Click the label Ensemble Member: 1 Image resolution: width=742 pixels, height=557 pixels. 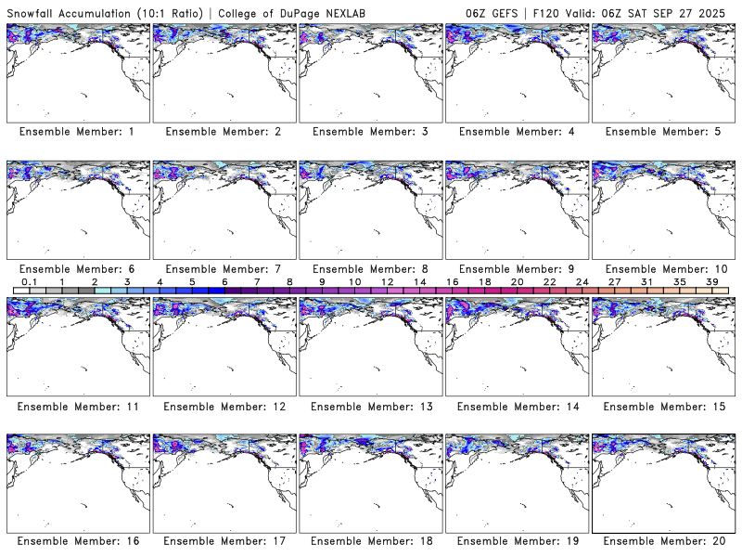(x=77, y=132)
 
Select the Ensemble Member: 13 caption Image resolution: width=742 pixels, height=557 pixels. (x=370, y=407)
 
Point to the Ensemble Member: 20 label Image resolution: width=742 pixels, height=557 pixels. (x=663, y=541)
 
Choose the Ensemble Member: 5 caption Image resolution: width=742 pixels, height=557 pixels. (x=663, y=132)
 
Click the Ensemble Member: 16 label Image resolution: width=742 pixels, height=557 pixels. (x=77, y=541)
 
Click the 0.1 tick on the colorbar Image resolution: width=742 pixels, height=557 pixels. (x=29, y=281)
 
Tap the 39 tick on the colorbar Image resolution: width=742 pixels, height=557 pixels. (x=711, y=281)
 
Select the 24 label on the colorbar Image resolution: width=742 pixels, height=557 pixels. (x=582, y=281)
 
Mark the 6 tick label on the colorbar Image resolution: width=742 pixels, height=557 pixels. (x=224, y=281)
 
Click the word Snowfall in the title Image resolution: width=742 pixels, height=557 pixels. (x=32, y=11)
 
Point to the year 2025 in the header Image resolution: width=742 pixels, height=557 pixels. (x=718, y=11)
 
